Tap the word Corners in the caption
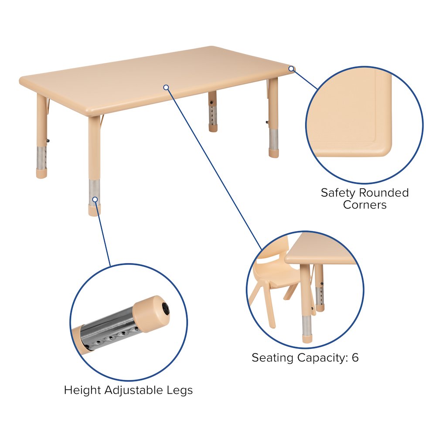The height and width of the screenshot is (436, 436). [x=364, y=204]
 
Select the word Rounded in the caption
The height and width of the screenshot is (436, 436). [x=384, y=192]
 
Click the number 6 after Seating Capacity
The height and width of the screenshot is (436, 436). [x=355, y=358]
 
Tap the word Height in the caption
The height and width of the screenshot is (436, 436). [x=82, y=390]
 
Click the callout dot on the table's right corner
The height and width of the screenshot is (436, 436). [x=291, y=68]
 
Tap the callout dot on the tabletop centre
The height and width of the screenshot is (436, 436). [x=166, y=87]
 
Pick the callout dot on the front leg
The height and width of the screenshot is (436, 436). [x=95, y=199]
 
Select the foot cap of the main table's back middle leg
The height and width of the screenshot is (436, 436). [x=213, y=128]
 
